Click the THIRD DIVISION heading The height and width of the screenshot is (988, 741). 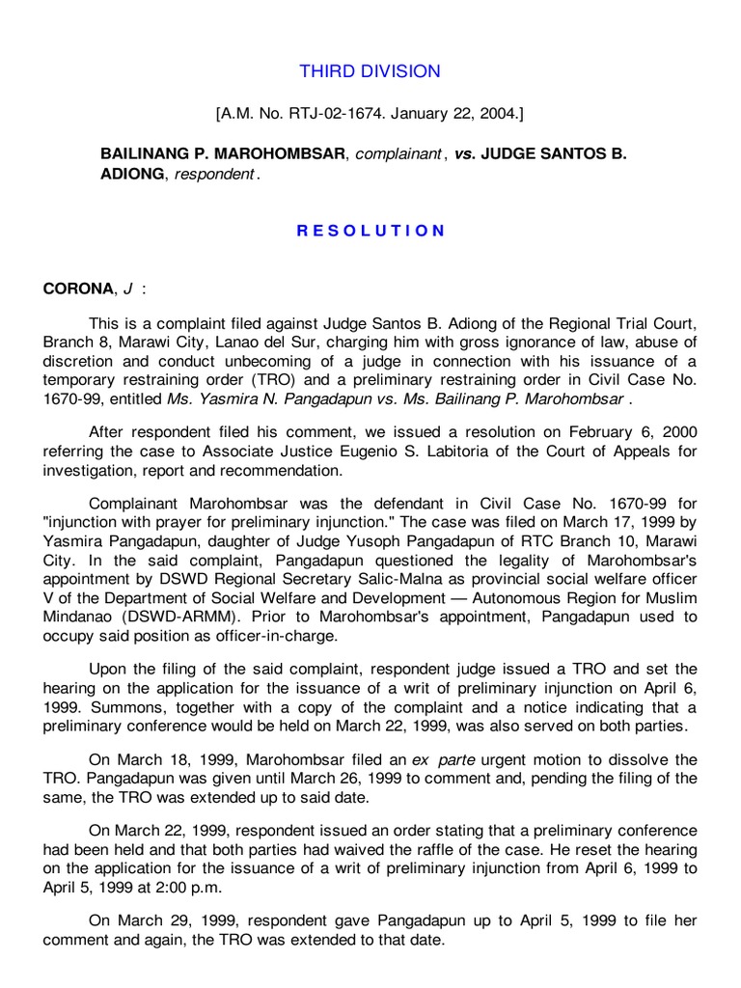click(370, 71)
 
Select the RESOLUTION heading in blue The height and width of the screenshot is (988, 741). click(370, 231)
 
